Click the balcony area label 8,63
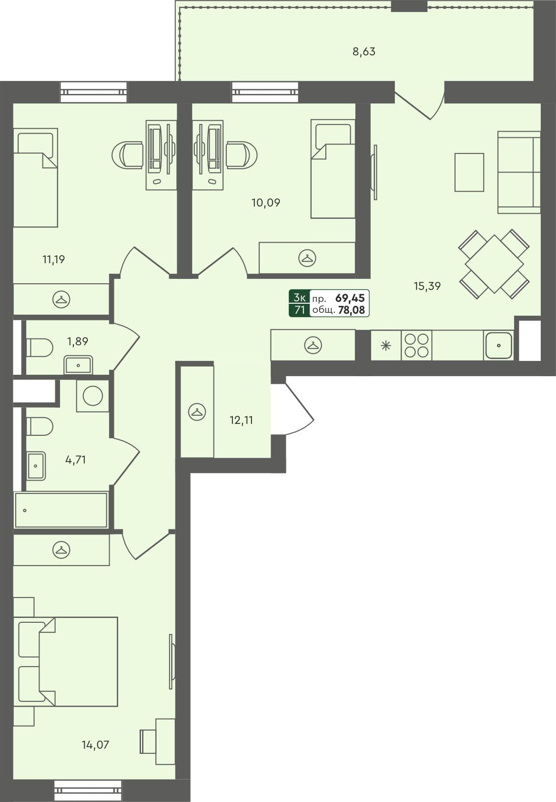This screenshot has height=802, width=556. coord(364,51)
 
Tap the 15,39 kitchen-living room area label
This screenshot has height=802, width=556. coord(427,286)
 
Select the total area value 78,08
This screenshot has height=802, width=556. coord(351,310)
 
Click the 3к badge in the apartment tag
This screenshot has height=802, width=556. coord(299,298)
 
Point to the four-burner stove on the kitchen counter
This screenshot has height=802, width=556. coord(416,345)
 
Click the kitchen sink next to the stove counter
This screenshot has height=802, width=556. coord(498,345)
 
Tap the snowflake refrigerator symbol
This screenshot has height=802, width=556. coord(386,345)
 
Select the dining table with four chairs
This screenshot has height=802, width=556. coord(494,264)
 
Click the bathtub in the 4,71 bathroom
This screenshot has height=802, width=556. coord(61,510)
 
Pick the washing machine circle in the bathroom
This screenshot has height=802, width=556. coord(92,396)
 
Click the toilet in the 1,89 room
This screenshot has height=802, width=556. coord(39,348)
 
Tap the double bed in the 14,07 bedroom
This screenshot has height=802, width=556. coord(67,661)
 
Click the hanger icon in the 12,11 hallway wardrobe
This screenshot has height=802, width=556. coord(197,411)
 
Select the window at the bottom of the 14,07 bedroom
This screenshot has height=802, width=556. coord(88,790)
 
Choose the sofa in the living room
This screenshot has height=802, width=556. coord(519,172)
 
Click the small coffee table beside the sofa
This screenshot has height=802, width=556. coord(469,172)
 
